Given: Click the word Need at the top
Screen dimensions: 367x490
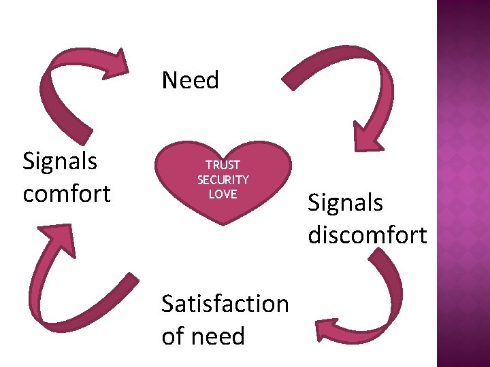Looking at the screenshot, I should point(191,80).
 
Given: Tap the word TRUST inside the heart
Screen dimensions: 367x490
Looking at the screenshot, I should point(223,165).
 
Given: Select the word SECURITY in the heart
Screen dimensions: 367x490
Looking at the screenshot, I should point(223,180).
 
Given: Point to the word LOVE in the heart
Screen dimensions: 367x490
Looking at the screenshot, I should point(223,194).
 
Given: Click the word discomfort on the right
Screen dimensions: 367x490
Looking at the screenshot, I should point(367,235).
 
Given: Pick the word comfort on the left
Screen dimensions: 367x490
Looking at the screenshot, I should point(67,194).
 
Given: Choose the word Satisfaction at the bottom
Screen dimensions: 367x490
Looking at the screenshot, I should point(225,304).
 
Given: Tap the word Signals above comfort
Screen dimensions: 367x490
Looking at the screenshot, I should point(60,162).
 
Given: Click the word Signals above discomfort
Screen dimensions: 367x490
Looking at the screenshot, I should point(345,203).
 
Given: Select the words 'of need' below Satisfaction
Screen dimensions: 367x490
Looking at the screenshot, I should point(203,336).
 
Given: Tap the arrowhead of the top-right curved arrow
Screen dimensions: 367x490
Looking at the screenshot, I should point(368,133).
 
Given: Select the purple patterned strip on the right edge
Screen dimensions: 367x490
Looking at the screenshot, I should point(463,183).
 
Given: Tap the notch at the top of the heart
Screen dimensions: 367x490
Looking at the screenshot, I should point(223,151).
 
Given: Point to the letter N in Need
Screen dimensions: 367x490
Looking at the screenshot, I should point(169,80).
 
